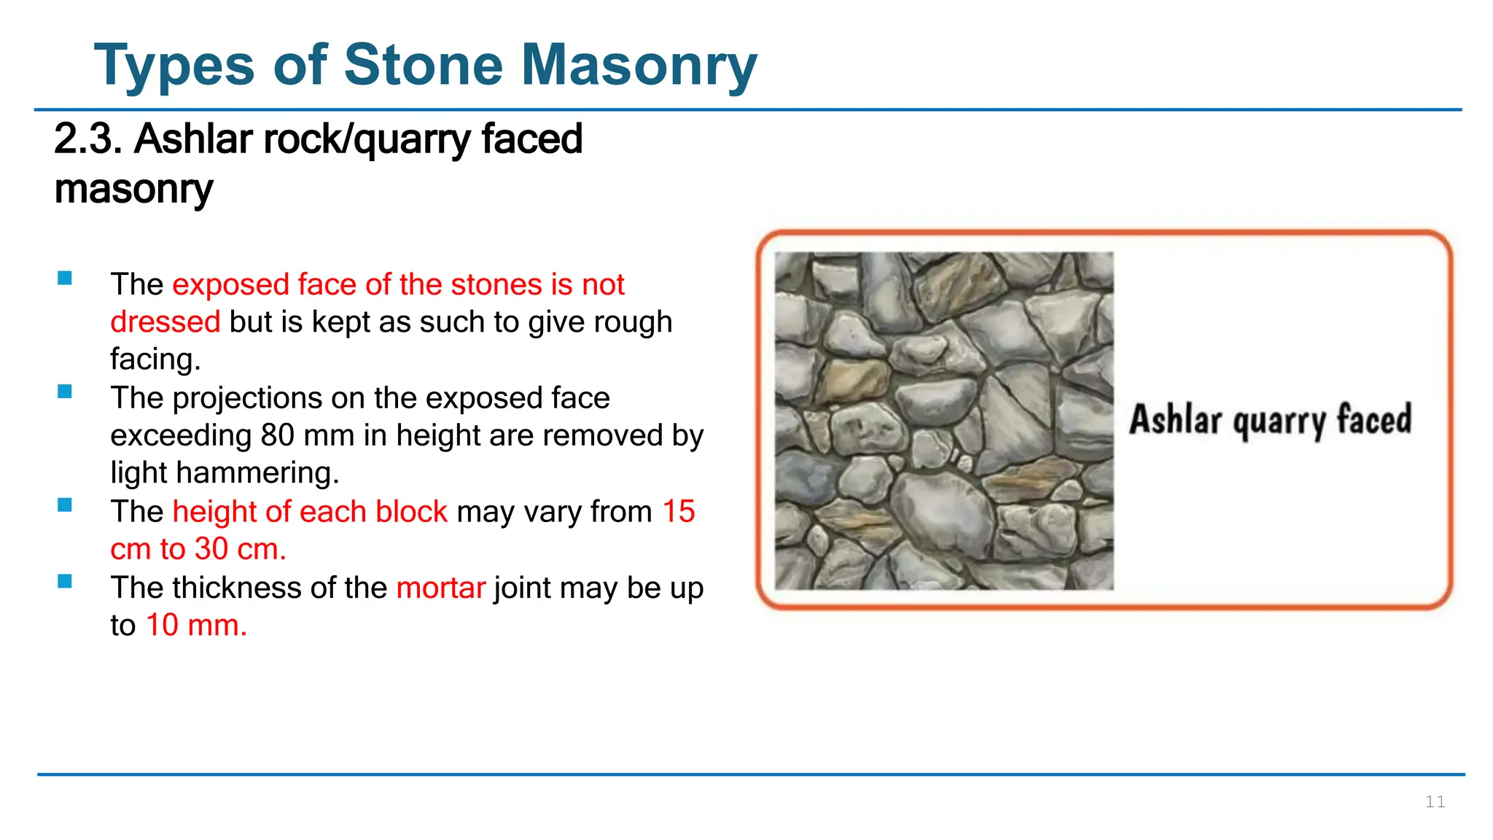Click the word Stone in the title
423,66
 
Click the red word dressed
165,322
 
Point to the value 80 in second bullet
278,435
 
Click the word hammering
257,473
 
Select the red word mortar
440,588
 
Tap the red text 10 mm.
196,626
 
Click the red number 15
678,512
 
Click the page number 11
1435,802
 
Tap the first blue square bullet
65,278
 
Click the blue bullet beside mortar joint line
65,581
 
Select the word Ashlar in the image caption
1175,420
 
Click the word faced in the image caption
1374,420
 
